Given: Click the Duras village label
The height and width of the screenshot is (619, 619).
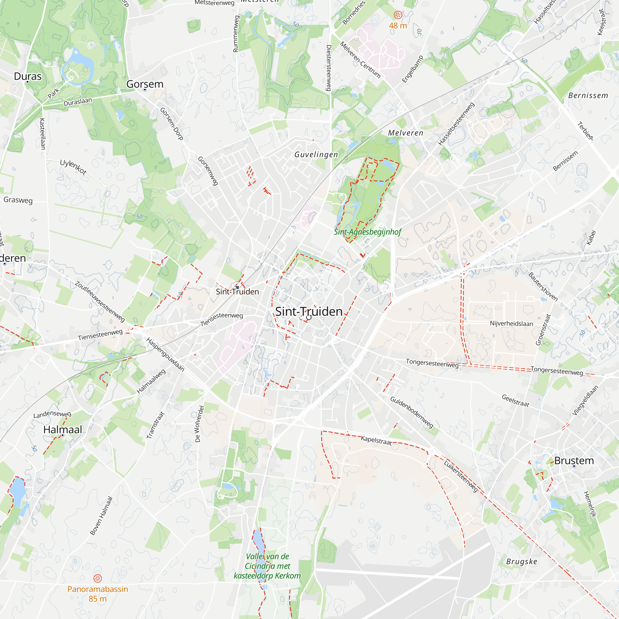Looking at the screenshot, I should click(28, 76).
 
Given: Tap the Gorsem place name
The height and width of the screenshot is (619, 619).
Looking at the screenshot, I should click(145, 84).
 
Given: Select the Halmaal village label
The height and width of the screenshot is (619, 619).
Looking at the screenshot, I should click(63, 430).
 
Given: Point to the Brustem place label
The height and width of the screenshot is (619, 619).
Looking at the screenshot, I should click(574, 461).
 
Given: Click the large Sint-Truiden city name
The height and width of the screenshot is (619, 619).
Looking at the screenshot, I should click(309, 311).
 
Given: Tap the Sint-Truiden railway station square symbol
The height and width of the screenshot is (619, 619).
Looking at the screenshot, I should click(237, 288).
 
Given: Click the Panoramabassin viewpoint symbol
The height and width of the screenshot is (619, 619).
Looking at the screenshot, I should click(97, 578).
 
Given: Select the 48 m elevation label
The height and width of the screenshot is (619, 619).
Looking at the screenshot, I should click(398, 26).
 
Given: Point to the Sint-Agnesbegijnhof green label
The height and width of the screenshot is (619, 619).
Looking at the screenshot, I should click(367, 232).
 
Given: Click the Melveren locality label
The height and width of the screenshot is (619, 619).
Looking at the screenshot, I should click(406, 133).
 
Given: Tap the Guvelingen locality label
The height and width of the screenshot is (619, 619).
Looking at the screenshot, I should click(316, 155).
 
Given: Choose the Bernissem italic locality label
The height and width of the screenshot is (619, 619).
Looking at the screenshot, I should click(588, 95).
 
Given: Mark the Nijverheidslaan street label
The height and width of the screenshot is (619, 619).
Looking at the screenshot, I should click(511, 324).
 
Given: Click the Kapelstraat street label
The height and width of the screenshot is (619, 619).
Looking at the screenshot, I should click(376, 440).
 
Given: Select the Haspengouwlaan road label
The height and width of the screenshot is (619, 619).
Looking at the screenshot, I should click(165, 354).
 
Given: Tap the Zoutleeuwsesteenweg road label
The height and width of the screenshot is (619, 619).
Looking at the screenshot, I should click(100, 301).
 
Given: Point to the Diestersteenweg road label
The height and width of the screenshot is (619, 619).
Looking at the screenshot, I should click(328, 67).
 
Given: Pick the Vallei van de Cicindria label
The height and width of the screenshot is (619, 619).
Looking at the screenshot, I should click(267, 566).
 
